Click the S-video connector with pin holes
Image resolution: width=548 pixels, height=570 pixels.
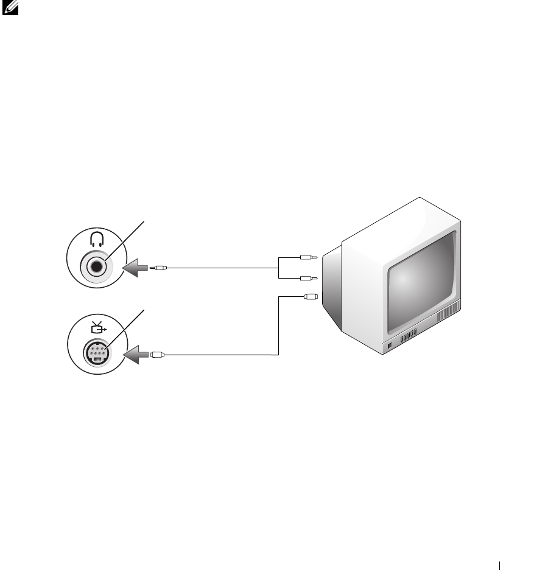click(97, 353)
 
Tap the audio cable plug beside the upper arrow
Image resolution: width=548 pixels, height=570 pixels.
click(159, 267)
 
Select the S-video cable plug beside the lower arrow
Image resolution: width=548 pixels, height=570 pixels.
click(156, 354)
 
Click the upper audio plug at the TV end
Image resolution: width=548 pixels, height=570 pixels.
click(307, 257)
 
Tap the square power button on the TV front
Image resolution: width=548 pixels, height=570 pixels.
click(391, 347)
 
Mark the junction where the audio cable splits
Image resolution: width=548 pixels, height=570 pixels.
click(279, 267)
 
